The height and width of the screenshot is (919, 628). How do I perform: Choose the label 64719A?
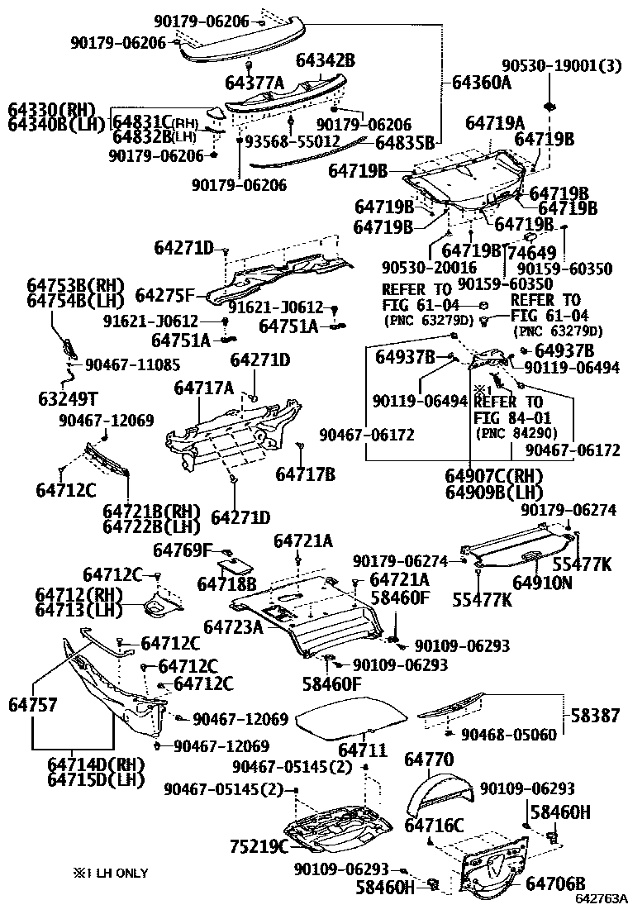tap(495, 123)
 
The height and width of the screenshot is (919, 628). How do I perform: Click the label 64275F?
tap(165, 295)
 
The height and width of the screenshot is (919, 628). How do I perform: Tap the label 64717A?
tap(203, 387)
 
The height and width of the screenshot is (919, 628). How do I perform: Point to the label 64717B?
tap(305, 474)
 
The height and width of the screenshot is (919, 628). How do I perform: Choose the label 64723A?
tap(233, 627)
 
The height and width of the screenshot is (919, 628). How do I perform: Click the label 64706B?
tap(555, 884)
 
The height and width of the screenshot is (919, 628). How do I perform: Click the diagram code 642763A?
tap(602, 898)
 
